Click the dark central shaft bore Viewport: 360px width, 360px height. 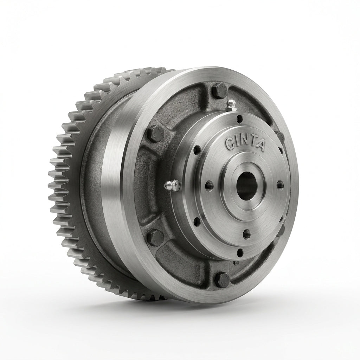point(246,186)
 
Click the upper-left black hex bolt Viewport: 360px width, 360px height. point(155,133)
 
